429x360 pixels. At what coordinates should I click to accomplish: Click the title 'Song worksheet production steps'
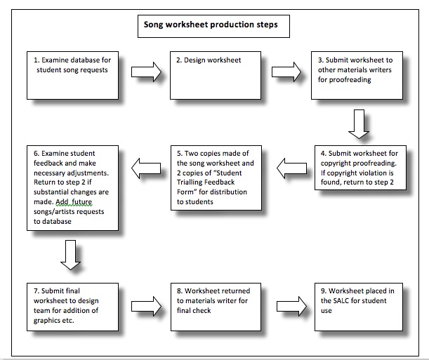[211, 25]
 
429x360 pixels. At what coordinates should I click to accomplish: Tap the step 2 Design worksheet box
[214, 74]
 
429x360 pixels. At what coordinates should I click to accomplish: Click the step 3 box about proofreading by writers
[357, 74]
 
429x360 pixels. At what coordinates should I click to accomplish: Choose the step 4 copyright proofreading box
[357, 175]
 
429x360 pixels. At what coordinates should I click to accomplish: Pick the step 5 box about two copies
[214, 178]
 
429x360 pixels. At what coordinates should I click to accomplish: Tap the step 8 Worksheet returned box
[214, 305]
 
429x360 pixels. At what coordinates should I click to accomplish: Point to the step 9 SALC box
[357, 305]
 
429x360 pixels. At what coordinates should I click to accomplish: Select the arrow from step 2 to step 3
[286, 71]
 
